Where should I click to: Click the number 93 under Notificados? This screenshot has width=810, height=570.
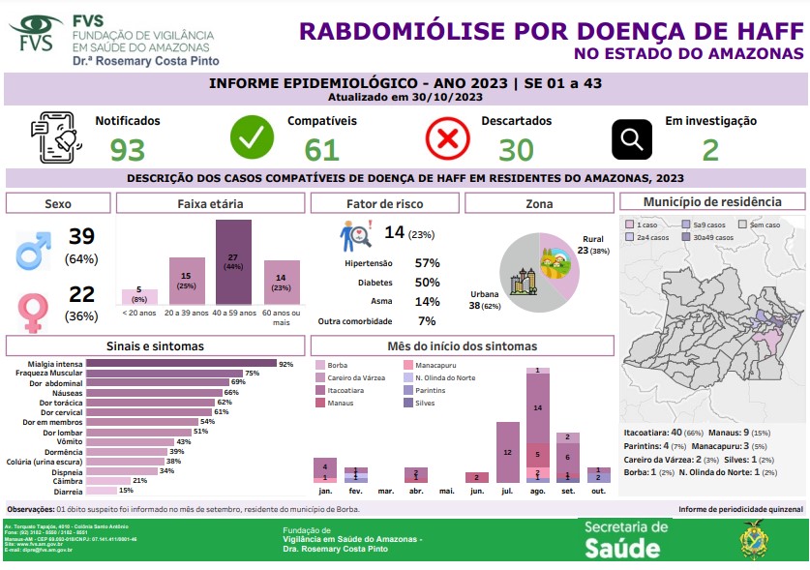pos(127,150)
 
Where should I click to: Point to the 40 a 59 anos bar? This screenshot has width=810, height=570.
pos(232,262)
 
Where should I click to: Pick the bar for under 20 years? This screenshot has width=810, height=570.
pos(138,296)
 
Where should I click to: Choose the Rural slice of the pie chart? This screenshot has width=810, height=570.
pos(558,267)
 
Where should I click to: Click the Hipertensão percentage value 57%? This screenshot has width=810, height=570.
pos(427,263)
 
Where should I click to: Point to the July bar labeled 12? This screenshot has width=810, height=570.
pos(507,452)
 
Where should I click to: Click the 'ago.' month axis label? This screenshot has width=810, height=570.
pos(537,492)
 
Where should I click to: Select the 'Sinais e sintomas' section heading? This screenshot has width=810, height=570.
pos(155,345)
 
